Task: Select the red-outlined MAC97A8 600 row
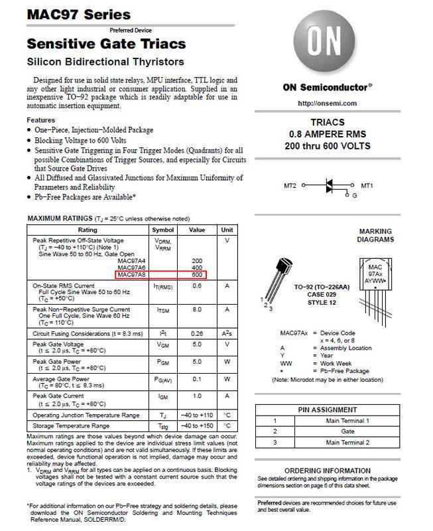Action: coord(161,273)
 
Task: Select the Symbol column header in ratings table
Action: coord(162,229)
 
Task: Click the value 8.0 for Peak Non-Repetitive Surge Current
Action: coord(196,309)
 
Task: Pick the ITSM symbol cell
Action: coord(162,309)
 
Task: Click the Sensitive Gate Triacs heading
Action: coord(97,44)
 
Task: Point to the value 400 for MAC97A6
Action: coord(196,267)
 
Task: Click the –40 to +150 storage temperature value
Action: coord(196,425)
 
